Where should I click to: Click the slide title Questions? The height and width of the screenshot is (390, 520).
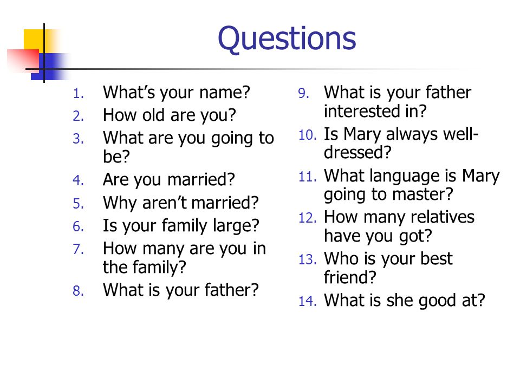click(x=287, y=39)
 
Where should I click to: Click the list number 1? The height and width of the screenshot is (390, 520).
click(x=78, y=94)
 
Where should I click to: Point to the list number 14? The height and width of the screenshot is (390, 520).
click(x=308, y=301)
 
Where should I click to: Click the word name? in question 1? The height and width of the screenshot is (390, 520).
click(x=224, y=93)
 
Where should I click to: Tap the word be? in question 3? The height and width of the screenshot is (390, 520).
click(x=116, y=157)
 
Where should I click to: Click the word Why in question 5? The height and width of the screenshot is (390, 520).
click(x=120, y=203)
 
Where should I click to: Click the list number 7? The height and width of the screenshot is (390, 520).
click(x=78, y=249)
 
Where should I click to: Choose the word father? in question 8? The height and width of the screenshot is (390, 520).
click(x=231, y=290)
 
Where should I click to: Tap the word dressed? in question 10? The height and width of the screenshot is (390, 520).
click(x=357, y=153)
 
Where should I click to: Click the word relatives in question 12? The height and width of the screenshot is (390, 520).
click(x=443, y=217)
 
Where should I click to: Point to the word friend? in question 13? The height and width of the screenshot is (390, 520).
click(x=350, y=277)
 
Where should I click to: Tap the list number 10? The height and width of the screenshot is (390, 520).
click(x=308, y=135)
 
